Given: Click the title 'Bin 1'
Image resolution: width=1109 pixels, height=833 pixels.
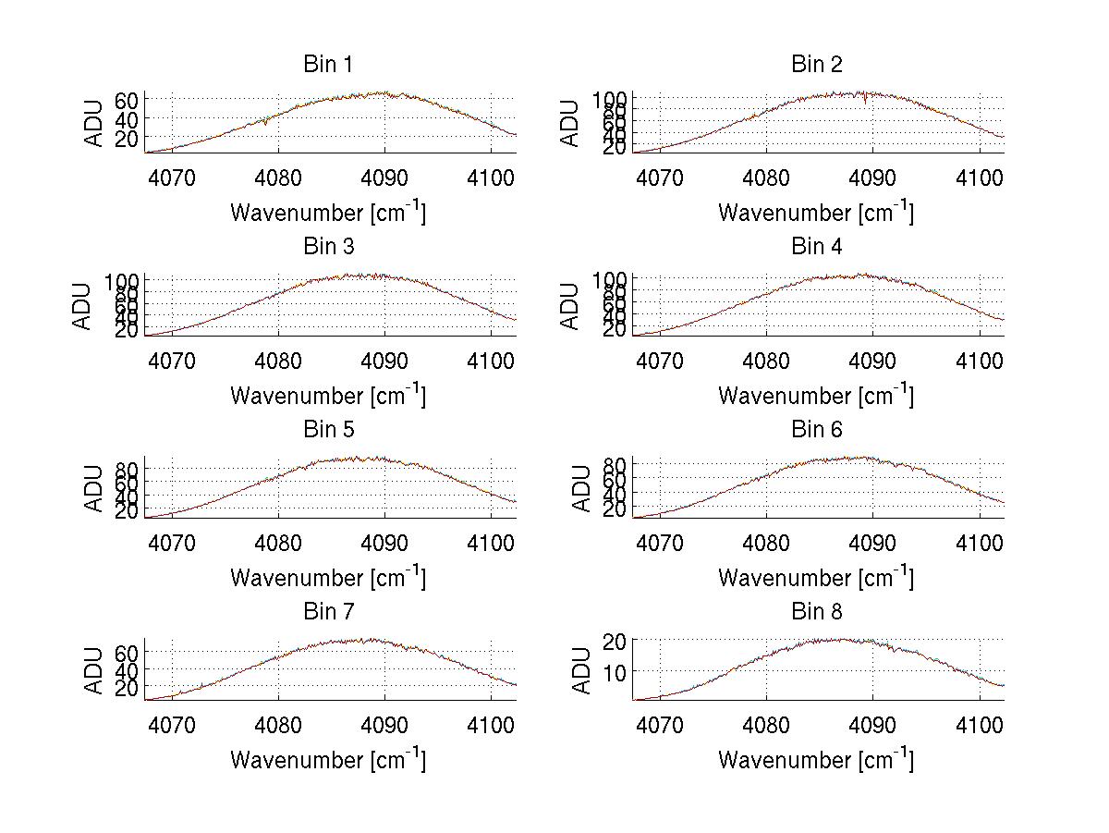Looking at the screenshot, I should click(327, 65).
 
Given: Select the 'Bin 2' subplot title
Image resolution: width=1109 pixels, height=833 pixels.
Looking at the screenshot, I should click(817, 65).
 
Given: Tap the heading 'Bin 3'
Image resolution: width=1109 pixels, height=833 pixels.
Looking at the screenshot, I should click(327, 247).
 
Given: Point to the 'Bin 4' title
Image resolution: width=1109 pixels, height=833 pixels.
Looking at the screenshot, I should click(817, 247).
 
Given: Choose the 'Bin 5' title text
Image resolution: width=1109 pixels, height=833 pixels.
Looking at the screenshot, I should click(327, 430).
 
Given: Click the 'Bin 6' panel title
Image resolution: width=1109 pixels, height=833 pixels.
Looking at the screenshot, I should click(817, 430).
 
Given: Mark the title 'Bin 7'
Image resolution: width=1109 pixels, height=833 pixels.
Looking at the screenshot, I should click(327, 612).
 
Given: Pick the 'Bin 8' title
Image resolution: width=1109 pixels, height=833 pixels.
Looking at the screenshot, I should click(817, 612).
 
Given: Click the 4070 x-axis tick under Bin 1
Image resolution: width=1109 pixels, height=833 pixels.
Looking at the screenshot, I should click(172, 178).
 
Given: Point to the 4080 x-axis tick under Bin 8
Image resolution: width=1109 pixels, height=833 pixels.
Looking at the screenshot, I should click(766, 725).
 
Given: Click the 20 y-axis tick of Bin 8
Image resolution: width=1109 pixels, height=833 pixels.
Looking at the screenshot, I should click(618, 641).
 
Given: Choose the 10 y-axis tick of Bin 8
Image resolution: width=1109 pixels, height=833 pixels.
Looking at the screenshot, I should click(618, 671).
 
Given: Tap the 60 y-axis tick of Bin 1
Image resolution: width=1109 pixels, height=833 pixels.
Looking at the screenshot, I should click(127, 100).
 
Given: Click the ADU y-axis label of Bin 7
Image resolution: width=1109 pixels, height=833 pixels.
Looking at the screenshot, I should click(94, 670).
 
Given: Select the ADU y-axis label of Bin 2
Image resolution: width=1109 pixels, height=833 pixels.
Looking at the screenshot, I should click(570, 123).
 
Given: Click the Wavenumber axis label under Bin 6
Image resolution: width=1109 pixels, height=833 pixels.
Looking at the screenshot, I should click(815, 578).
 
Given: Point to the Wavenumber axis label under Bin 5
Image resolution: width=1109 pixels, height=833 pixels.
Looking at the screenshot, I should click(327, 578).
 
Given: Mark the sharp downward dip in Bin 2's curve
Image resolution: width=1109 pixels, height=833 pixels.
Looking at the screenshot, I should click(865, 101).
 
